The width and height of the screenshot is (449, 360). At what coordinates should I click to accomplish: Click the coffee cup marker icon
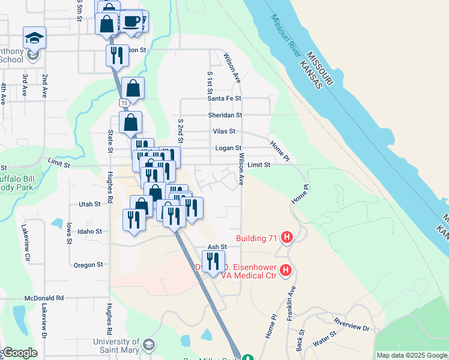pyautogui.click(x=131, y=22)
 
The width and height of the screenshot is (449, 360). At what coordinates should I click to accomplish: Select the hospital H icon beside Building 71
pyautogui.click(x=287, y=238)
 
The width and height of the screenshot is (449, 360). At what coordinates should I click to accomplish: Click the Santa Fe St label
pyautogui.click(x=224, y=98)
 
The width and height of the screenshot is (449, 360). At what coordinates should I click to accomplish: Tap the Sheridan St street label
pyautogui.click(x=224, y=115)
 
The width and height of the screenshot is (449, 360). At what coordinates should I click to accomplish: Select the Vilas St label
pyautogui.click(x=224, y=131)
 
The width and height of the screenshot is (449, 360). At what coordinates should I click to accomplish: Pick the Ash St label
pyautogui.click(x=217, y=247)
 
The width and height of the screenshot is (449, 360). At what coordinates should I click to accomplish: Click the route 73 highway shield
pyautogui.click(x=124, y=103)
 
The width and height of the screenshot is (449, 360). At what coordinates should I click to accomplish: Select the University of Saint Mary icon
pyautogui.click(x=148, y=346)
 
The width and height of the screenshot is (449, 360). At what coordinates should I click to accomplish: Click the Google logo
pyautogui.click(x=20, y=353)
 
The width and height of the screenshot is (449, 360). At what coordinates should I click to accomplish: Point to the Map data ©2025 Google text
pyautogui.click(x=411, y=355)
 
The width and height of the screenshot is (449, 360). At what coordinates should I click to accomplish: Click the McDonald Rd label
pyautogui.click(x=44, y=298)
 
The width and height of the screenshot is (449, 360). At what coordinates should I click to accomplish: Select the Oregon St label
pyautogui.click(x=88, y=265)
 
